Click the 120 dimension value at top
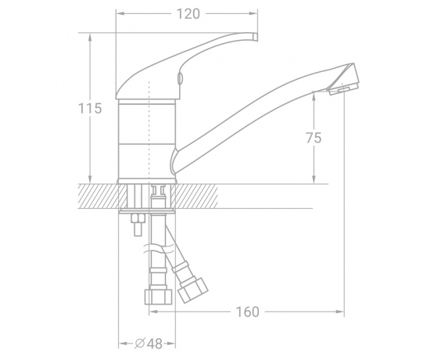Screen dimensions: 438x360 [188, 14]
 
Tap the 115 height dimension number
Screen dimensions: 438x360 [90, 109]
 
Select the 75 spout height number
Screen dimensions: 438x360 [314, 138]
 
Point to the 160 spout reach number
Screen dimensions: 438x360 [247, 312]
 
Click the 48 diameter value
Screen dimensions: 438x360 [154, 344]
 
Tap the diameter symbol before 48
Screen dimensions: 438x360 [140, 344]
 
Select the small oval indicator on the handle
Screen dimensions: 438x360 [181, 77]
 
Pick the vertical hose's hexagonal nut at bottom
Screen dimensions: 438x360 [158, 297]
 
